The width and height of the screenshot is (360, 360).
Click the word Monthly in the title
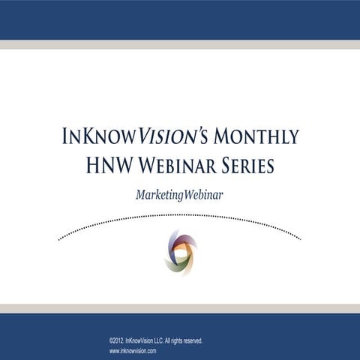click(x=256, y=137)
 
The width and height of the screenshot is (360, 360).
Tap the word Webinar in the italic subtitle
click(x=205, y=193)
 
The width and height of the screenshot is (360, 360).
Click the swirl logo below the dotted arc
click(x=180, y=253)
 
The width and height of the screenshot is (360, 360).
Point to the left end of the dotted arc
click(x=59, y=240)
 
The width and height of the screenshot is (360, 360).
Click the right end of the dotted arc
click(x=301, y=240)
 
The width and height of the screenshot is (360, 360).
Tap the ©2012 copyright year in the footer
click(x=119, y=340)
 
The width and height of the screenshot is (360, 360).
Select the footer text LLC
click(x=174, y=340)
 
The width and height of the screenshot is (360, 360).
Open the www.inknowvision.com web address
click(x=138, y=350)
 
